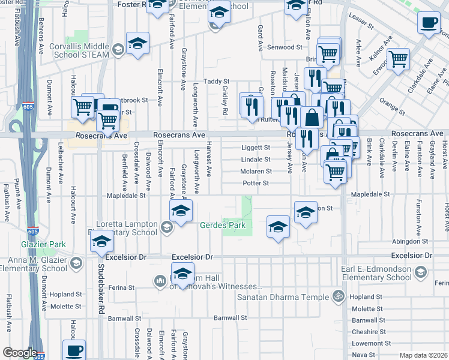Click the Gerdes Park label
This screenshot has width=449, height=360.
[223, 225]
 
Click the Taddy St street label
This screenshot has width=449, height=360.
[217, 82]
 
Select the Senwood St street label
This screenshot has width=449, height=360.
[284, 47]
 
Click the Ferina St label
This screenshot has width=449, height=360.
[122, 287]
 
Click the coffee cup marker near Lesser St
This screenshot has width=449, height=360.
[429, 23]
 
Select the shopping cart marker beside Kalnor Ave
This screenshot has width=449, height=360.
[398, 59]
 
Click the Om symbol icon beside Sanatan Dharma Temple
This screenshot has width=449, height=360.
[338, 296]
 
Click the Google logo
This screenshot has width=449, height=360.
[19, 353]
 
